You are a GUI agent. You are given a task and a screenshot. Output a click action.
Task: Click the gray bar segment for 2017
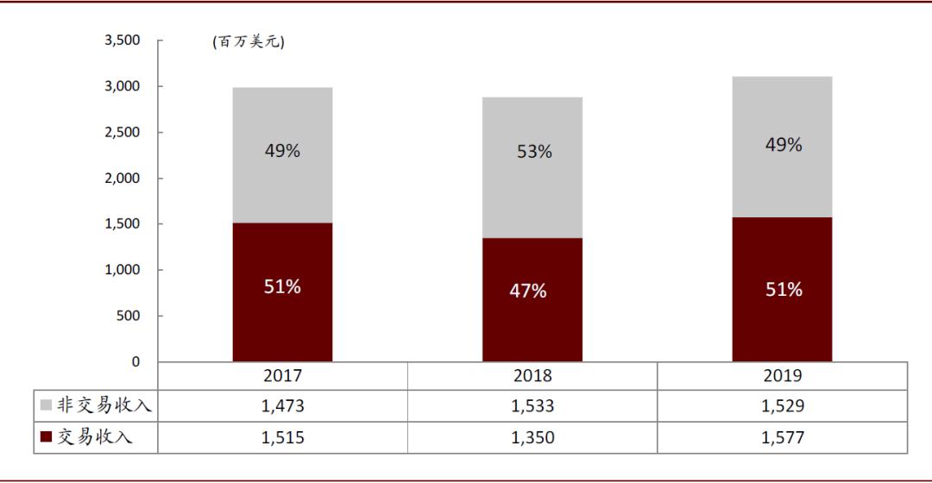click(x=282, y=155)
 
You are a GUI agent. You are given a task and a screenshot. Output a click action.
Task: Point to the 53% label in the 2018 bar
click(x=534, y=152)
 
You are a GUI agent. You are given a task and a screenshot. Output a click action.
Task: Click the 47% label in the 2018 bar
click(x=528, y=292)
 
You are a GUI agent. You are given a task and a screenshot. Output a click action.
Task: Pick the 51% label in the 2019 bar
click(x=784, y=290)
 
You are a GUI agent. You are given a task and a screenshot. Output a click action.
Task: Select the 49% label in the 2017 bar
click(x=282, y=151)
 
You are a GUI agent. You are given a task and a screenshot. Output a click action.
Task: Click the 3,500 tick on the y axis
click(x=121, y=41)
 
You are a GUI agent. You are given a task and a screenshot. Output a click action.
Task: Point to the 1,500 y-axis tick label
click(x=121, y=224)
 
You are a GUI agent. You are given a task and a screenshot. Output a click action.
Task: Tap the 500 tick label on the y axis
click(x=127, y=316)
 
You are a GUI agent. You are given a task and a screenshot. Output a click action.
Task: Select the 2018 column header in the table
click(x=532, y=376)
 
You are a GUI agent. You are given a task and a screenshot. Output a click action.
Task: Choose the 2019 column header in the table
click(x=783, y=376)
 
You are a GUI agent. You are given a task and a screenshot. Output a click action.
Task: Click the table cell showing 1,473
click(x=282, y=406)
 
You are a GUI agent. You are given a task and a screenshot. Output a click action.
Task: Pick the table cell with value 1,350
click(x=532, y=438)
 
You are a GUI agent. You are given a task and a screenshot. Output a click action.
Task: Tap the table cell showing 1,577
click(x=783, y=438)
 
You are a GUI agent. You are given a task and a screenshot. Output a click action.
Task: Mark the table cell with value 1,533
click(x=532, y=406)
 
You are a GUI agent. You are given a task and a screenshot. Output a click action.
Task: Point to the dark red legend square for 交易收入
click(x=46, y=438)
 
